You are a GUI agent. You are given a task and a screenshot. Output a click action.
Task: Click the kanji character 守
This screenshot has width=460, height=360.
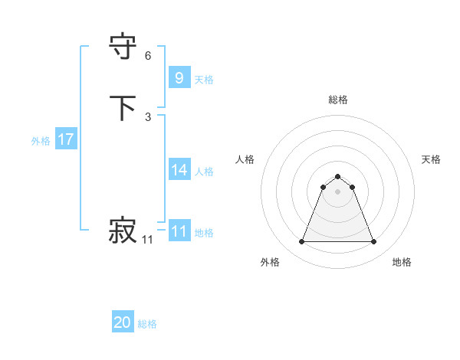click(123, 47)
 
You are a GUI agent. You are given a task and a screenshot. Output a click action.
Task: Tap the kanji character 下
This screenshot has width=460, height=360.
click(123, 108)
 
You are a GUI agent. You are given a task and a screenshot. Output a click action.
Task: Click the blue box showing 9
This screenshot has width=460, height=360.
click(179, 77)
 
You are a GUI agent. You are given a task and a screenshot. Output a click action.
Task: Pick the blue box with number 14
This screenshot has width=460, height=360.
click(179, 170)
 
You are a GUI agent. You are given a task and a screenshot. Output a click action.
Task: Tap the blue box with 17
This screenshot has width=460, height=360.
click(65, 139)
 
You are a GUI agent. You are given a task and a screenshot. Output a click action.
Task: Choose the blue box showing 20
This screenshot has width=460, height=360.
click(123, 322)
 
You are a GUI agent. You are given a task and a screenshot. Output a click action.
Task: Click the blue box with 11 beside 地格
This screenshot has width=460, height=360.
click(179, 231)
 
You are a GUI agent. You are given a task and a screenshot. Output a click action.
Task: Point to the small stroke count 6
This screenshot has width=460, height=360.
click(148, 56)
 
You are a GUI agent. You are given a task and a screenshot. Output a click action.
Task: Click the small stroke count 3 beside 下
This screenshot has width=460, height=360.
click(148, 117)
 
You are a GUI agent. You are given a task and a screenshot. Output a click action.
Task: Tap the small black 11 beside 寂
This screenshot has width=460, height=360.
click(148, 240)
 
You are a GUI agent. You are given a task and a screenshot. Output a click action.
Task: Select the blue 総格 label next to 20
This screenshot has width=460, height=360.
click(147, 324)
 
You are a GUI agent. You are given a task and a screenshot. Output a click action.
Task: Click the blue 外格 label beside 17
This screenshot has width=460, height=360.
click(41, 141)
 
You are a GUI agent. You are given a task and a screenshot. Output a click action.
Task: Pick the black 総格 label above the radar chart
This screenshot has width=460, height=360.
click(337, 100)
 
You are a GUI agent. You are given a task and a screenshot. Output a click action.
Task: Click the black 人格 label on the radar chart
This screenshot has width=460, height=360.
click(245, 159)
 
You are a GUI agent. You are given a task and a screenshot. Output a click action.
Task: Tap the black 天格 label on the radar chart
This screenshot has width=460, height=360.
click(431, 159)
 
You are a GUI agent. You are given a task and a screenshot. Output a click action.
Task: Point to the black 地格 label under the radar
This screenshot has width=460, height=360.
click(402, 262)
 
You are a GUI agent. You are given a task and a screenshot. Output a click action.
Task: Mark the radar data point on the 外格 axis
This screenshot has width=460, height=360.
click(301, 242)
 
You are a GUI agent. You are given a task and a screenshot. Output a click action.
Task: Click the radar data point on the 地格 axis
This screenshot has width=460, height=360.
click(373, 242)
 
